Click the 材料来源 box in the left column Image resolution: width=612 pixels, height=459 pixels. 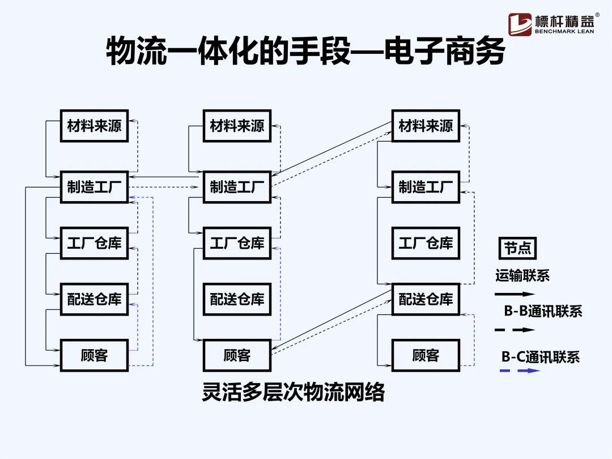[x=95, y=126]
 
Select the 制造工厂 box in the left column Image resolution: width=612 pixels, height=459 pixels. [x=95, y=186]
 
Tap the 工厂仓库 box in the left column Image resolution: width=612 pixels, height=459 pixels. [x=95, y=243]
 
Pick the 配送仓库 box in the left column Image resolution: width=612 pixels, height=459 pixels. [x=95, y=299]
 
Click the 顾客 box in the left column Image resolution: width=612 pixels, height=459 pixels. [x=95, y=355]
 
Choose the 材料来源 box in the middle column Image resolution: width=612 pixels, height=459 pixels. [x=237, y=126]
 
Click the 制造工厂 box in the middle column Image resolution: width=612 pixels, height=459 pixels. [x=237, y=186]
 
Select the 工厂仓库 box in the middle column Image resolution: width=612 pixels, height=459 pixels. [x=237, y=243]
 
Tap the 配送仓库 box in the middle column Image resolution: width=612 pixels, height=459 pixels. [x=237, y=299]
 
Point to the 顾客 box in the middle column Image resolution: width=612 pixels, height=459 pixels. [x=237, y=355]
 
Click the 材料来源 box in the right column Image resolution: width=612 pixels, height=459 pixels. [x=426, y=126]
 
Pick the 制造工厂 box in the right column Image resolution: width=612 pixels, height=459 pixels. [x=426, y=186]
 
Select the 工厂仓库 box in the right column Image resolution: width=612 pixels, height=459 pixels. [x=426, y=243]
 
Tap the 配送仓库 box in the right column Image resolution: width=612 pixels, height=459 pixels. [x=426, y=299]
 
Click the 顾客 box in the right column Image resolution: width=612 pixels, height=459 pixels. [x=426, y=355]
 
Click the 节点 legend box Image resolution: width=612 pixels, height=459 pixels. [x=518, y=249]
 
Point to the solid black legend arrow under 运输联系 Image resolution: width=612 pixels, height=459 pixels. [x=515, y=295]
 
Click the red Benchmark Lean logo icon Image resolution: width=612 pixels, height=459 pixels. [x=520, y=24]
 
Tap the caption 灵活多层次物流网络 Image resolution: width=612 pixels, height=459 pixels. [x=293, y=392]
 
